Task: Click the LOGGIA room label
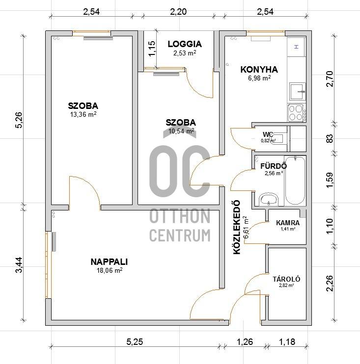185,44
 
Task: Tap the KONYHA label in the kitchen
259,69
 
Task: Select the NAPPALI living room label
109,262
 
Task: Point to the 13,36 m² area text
83,114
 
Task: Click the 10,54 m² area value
181,131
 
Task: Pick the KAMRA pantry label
288,223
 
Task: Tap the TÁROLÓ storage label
286,279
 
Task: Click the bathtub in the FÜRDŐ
295,181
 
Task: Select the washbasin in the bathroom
269,200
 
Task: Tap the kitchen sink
297,91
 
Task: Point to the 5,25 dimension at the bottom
135,342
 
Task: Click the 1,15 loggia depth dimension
152,49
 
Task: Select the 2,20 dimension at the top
178,12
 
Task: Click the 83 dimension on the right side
330,139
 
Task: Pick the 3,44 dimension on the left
19,265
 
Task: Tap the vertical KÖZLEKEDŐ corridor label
237,227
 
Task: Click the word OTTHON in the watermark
180,216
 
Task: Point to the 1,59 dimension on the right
330,180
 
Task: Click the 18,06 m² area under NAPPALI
110,270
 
